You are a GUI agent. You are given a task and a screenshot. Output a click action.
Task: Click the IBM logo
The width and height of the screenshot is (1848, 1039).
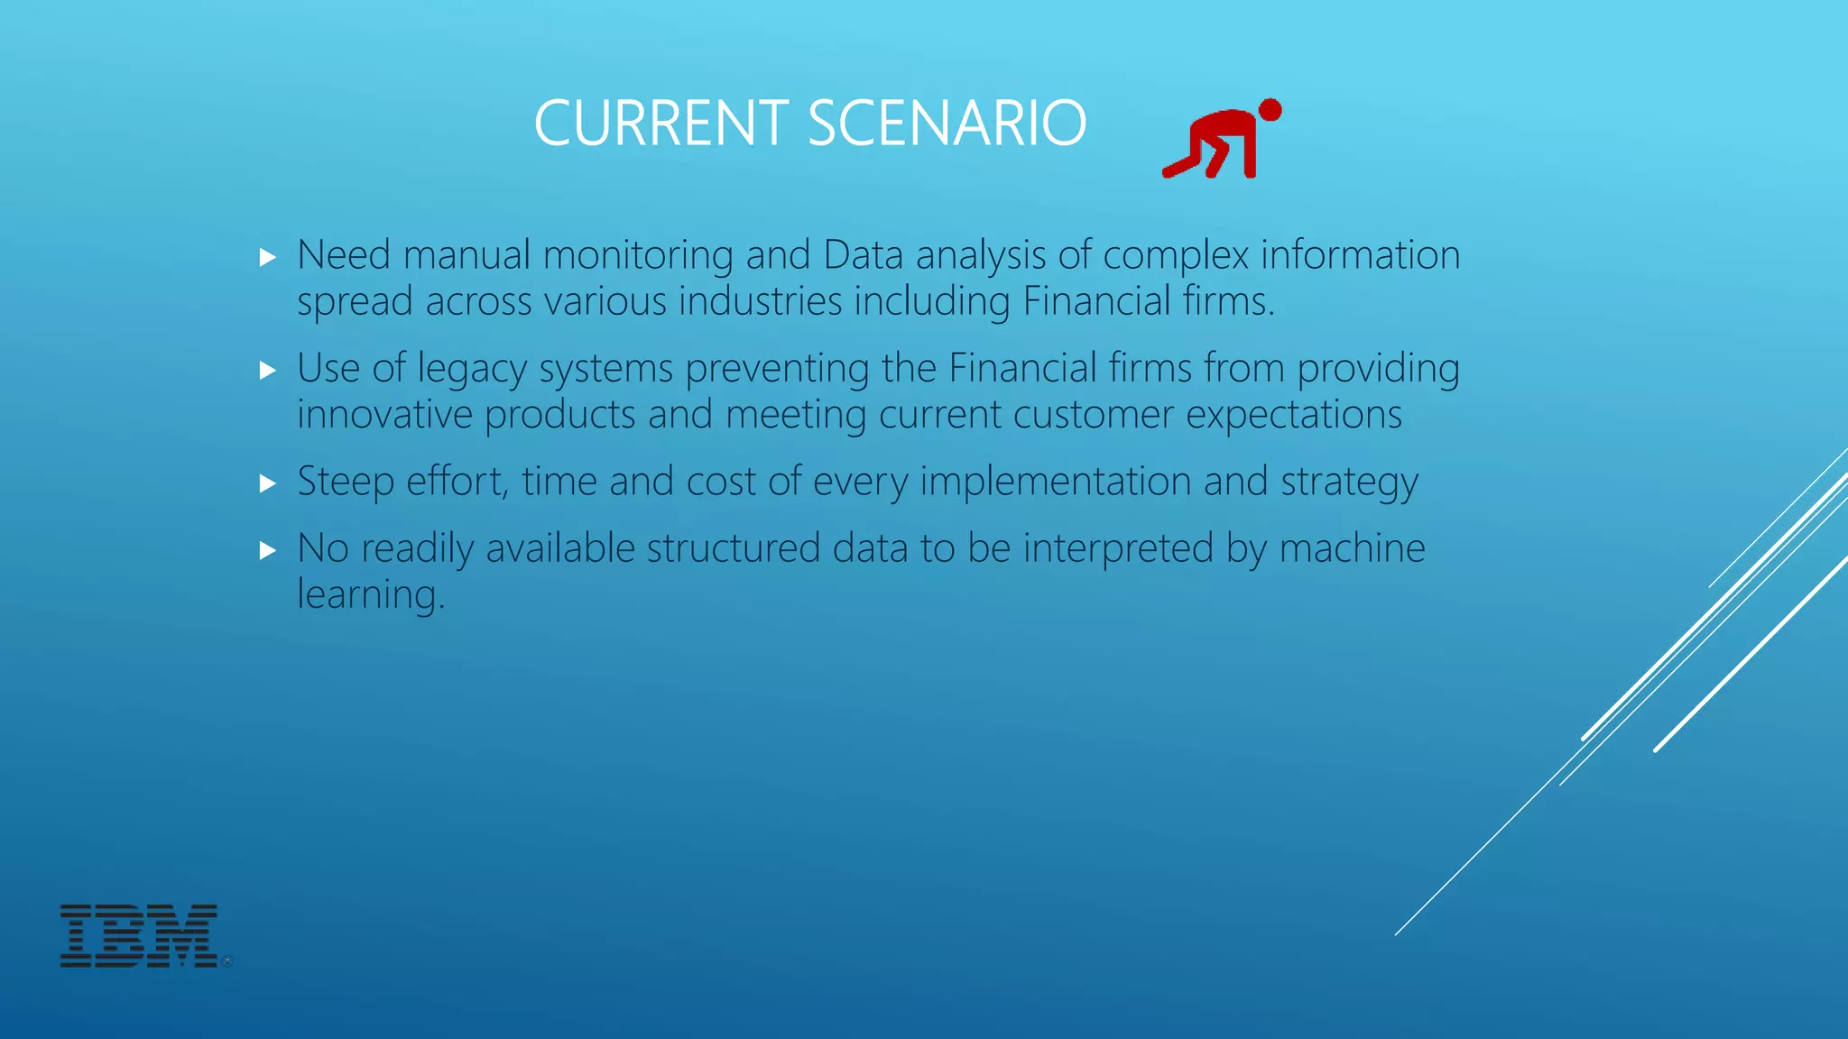(x=139, y=936)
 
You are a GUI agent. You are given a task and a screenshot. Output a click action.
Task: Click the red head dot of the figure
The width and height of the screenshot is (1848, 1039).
(x=1270, y=110)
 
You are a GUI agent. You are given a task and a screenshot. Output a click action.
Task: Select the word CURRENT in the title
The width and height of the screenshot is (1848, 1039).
(x=661, y=124)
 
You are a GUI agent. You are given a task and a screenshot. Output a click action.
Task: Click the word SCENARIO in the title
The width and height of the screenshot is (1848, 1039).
(x=947, y=124)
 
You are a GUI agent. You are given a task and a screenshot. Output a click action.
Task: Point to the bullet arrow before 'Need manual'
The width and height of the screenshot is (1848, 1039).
(x=267, y=258)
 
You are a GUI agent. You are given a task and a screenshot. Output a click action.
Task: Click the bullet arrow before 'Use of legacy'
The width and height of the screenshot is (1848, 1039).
(x=267, y=371)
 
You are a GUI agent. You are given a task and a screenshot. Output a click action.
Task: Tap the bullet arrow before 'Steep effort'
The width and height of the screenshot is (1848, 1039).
(x=267, y=484)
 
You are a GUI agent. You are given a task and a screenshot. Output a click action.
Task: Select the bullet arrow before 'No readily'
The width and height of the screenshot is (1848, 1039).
(x=267, y=551)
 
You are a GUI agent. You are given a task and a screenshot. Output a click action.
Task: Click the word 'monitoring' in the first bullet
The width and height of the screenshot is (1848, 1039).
(x=638, y=256)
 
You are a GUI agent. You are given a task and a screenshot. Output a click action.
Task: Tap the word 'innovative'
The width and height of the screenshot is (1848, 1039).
(x=384, y=415)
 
